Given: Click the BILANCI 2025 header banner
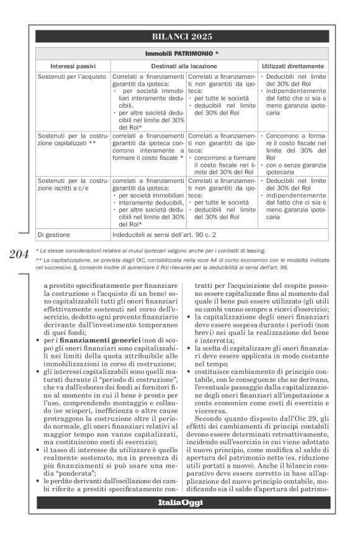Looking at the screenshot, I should [182, 37].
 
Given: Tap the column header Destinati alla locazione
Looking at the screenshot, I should [184, 65].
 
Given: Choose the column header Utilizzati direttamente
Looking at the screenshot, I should [292, 65].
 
